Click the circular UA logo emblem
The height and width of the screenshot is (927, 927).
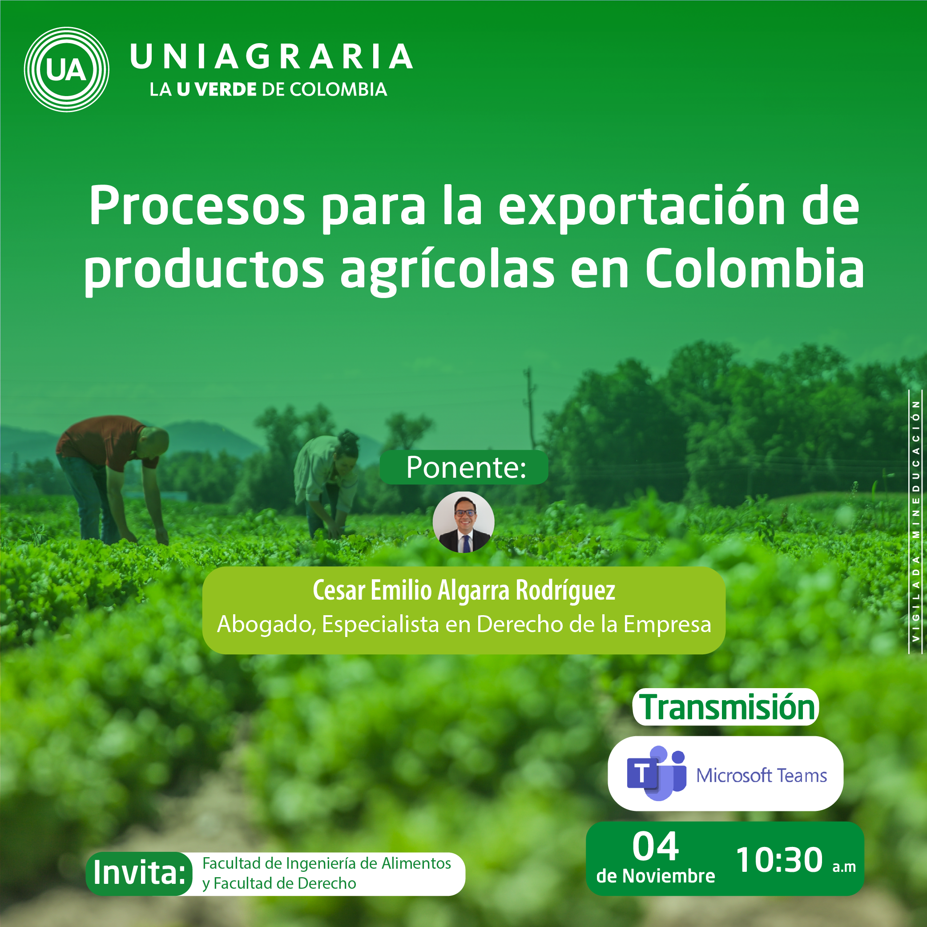(x=67, y=69)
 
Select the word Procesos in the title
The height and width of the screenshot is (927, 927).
(x=197, y=206)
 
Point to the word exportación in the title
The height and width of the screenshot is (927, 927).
(x=641, y=207)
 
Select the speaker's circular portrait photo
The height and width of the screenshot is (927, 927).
(x=463, y=522)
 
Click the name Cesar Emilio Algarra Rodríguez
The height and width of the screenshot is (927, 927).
(x=463, y=590)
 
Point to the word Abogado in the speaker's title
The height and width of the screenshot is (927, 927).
(x=266, y=624)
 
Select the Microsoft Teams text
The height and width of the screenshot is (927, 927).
(x=762, y=775)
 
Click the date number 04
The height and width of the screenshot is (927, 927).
(x=655, y=847)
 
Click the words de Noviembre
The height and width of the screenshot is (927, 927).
(x=655, y=876)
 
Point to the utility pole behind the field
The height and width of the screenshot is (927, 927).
(x=530, y=408)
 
